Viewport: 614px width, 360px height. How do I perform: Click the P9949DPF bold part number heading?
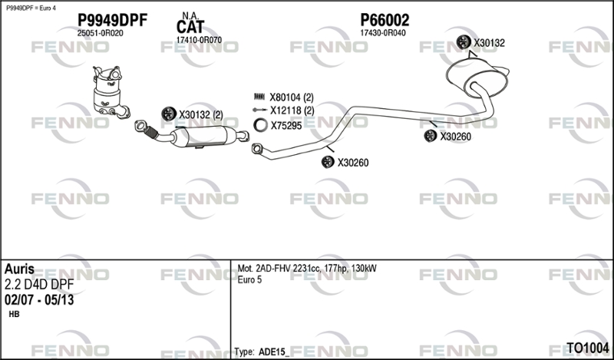(112, 21)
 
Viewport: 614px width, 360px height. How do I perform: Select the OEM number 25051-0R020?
(101, 33)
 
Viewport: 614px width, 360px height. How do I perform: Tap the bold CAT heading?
(190, 27)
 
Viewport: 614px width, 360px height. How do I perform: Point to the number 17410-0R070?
(199, 40)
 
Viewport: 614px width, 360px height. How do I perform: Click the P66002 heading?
(385, 20)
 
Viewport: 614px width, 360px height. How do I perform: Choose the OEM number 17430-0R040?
(383, 33)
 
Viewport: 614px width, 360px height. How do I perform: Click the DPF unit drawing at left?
(111, 92)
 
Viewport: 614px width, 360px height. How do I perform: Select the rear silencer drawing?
(477, 78)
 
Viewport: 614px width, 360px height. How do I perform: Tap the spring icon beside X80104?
(259, 97)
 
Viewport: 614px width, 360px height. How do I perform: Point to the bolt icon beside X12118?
(259, 110)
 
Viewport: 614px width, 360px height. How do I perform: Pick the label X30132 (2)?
(201, 115)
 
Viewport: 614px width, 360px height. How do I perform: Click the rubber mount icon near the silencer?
(464, 42)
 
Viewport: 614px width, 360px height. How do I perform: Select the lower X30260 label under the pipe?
(353, 163)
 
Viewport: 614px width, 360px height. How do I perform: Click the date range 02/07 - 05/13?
(39, 300)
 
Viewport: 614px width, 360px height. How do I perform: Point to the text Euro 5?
(249, 279)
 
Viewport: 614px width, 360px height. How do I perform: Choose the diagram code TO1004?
(588, 348)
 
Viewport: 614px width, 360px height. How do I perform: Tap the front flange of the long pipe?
(257, 148)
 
